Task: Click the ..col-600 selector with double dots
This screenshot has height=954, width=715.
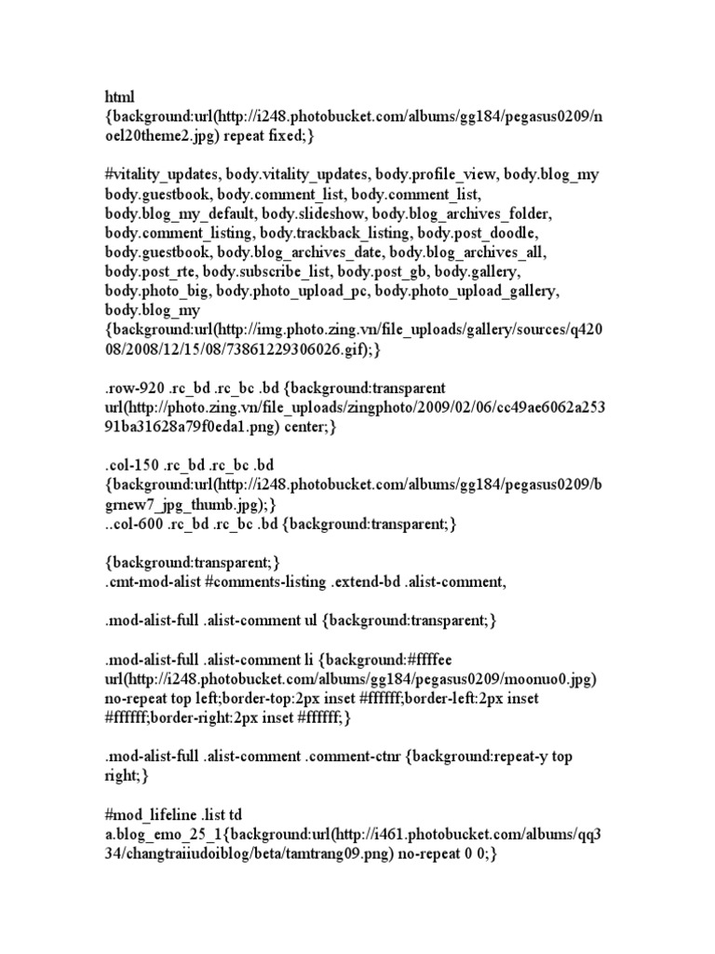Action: point(136,525)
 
